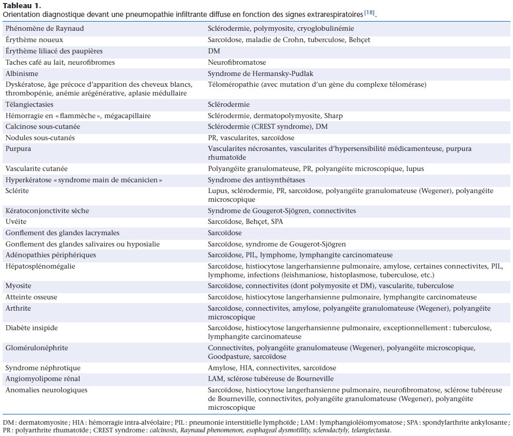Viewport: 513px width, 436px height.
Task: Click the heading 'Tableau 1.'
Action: coord(20,5)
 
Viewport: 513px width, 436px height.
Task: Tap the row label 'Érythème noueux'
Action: coord(34,40)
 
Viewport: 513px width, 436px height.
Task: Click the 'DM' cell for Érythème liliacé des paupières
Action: coord(214,51)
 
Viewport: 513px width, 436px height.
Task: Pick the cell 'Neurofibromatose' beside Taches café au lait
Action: coord(237,62)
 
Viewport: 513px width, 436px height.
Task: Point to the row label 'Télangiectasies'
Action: coord(29,105)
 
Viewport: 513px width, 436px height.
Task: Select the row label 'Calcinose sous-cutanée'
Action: coord(43,126)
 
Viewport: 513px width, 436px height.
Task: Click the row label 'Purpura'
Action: coord(18,148)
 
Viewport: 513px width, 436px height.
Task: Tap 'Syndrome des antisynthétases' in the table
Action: coord(256,180)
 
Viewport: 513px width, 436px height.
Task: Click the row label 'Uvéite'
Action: coord(16,222)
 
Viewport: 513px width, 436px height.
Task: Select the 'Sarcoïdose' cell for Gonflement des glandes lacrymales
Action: coord(225,233)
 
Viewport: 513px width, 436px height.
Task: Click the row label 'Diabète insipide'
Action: coord(31,328)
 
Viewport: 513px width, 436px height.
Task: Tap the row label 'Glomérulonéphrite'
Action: coord(36,348)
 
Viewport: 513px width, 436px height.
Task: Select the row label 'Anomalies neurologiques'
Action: coord(46,390)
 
